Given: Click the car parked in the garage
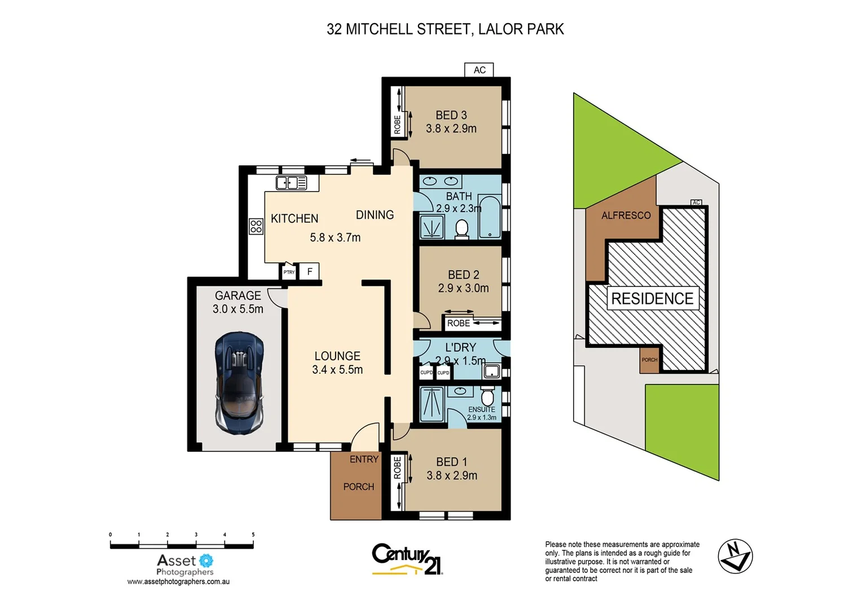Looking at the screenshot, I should (x=239, y=383).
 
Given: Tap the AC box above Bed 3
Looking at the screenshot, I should (x=479, y=70).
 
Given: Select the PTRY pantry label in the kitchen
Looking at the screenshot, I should (x=289, y=272).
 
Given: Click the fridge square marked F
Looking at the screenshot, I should (x=309, y=272).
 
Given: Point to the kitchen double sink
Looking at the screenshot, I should (x=291, y=183).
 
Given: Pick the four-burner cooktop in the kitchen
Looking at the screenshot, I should (x=256, y=226).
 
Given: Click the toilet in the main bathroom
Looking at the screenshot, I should (x=462, y=229).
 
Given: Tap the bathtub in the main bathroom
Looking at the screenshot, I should (x=489, y=217).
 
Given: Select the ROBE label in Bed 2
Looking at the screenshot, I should (x=458, y=323).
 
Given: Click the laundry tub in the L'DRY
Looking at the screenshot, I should (x=492, y=371).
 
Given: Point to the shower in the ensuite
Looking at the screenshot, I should (x=432, y=403).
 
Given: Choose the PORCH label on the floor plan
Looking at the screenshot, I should (x=358, y=487).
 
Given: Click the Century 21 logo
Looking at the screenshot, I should (x=407, y=559).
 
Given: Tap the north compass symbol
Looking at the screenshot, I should (x=735, y=556).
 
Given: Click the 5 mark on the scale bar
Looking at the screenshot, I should (x=253, y=535).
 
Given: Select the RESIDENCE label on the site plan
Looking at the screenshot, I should (x=652, y=298).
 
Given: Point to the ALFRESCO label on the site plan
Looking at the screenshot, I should (x=626, y=215).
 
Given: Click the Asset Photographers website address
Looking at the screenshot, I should (x=178, y=581).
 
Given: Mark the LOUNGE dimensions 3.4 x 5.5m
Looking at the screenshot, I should (x=337, y=370).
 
